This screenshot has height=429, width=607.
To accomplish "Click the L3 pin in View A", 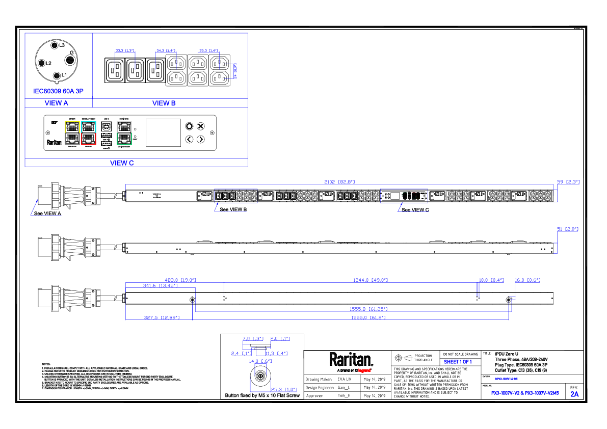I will click(56, 46).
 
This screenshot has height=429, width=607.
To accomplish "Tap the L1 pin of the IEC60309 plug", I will click(57, 76).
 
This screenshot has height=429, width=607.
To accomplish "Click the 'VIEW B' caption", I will click(164, 103).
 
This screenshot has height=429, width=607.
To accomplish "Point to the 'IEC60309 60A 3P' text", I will click(58, 92).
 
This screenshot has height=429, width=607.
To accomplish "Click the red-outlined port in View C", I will click(89, 139).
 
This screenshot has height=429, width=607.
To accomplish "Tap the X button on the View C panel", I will click(201, 126).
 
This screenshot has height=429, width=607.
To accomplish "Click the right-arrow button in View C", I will click(201, 139).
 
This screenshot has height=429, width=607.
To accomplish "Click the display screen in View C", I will click(164, 132).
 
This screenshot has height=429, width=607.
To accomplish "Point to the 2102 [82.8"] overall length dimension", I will click(339, 181).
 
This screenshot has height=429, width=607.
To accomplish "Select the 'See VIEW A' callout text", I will click(47, 213).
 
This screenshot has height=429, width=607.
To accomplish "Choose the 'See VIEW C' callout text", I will click(415, 210).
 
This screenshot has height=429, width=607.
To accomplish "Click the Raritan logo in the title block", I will click(351, 360).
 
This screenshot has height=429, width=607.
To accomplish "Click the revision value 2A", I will click(574, 394).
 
